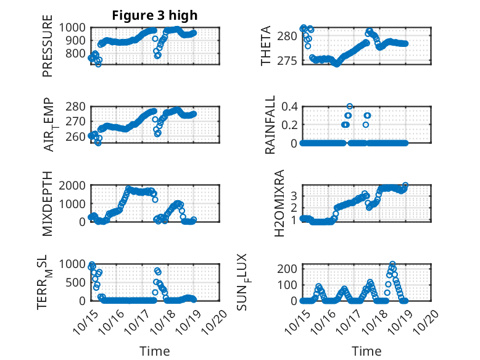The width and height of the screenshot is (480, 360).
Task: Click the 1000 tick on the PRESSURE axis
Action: (75, 27)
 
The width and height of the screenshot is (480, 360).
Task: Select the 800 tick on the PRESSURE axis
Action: (78, 53)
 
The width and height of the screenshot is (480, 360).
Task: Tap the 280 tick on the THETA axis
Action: (288, 36)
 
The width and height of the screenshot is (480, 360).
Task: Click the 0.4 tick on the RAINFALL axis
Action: (289, 106)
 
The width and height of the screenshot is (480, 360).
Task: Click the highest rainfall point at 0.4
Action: (350, 107)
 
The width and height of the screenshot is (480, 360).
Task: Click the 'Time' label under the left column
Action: (155, 351)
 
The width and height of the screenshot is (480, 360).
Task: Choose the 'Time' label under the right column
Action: (366, 351)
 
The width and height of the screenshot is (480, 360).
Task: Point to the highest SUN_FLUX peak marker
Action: (392, 264)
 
